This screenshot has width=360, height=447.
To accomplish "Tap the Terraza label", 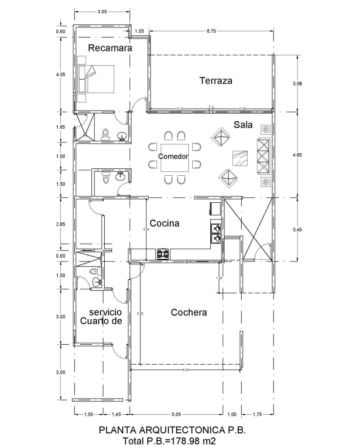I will click(x=215, y=81).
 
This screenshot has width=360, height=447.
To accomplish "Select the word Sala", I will click(x=243, y=125).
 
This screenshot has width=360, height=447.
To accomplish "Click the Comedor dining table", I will click(x=174, y=157).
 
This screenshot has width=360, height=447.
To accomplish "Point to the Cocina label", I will click(x=164, y=223).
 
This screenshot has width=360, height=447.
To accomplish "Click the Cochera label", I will click(x=189, y=312).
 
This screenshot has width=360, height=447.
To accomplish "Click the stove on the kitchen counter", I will click(x=163, y=254).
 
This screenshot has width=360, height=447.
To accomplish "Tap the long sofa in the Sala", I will click(x=263, y=156).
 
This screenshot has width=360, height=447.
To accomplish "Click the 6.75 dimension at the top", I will click(x=211, y=31).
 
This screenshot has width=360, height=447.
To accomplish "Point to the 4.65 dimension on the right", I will click(x=297, y=155).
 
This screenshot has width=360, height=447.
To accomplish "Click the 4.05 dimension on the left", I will click(x=61, y=75).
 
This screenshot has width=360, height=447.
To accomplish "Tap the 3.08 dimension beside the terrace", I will click(x=297, y=84).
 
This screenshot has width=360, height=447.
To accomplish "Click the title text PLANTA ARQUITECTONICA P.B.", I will click(x=172, y=431).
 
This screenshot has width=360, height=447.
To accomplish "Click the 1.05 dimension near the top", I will click(x=139, y=31).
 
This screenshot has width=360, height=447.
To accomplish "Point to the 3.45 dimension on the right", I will click(x=297, y=229).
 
